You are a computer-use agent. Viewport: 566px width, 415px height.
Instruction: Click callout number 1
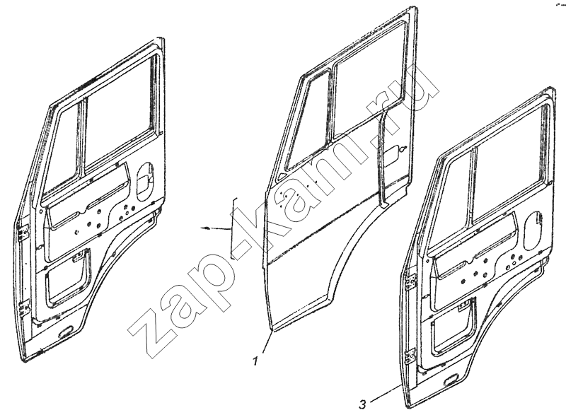256,361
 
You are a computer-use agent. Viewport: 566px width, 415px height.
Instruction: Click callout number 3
362,404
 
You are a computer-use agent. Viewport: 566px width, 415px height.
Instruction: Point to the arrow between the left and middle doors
215,228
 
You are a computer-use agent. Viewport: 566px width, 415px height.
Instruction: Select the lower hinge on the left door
25,309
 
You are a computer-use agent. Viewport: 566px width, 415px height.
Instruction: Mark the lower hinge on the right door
411,358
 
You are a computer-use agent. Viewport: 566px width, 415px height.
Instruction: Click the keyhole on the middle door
403,148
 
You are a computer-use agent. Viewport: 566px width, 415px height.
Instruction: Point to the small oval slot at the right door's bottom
451,380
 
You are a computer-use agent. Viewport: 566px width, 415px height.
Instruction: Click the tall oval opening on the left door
145,180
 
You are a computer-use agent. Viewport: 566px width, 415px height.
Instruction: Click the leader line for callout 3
385,392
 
